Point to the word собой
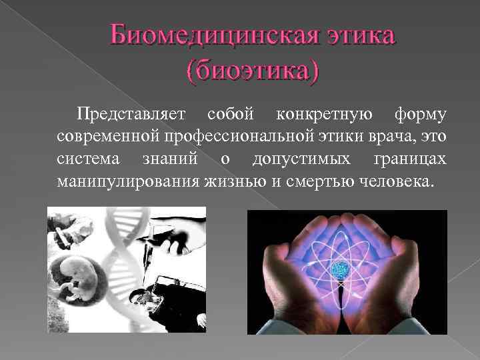pos(231,114)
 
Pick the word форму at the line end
pos(420,114)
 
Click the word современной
pos(106,137)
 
